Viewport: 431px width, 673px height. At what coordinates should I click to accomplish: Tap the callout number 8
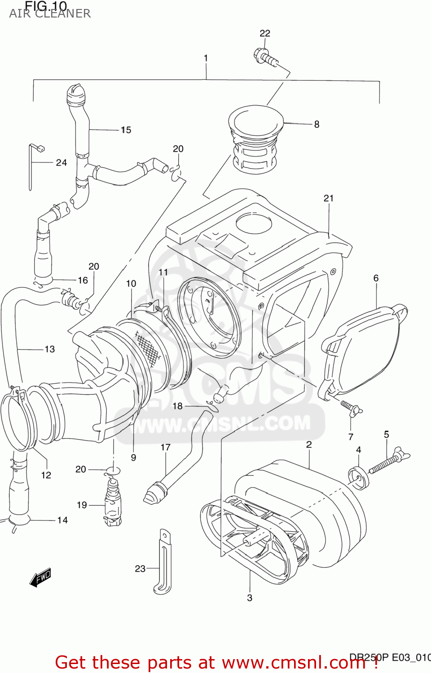(x=317, y=124)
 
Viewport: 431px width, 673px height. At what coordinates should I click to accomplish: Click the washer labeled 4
(x=358, y=477)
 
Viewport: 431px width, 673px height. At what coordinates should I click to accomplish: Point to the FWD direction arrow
(x=40, y=577)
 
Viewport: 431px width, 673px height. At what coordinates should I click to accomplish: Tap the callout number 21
(x=329, y=198)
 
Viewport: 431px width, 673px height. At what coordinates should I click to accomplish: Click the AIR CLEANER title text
(x=50, y=13)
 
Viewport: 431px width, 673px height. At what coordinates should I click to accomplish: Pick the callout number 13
(x=49, y=349)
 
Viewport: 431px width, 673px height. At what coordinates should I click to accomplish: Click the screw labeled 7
(x=351, y=407)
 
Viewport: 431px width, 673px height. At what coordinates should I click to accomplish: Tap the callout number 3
(x=250, y=598)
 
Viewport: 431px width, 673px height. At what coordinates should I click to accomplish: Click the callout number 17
(x=165, y=447)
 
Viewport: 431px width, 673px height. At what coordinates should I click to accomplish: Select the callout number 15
(x=126, y=130)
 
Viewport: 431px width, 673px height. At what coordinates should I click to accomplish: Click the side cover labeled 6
(x=366, y=350)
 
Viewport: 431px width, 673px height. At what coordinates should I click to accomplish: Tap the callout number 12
(x=46, y=475)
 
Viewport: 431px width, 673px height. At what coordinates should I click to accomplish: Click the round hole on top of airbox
(x=254, y=223)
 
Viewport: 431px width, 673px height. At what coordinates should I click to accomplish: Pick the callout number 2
(x=309, y=445)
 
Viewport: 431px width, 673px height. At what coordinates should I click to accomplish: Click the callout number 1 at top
(x=206, y=58)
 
